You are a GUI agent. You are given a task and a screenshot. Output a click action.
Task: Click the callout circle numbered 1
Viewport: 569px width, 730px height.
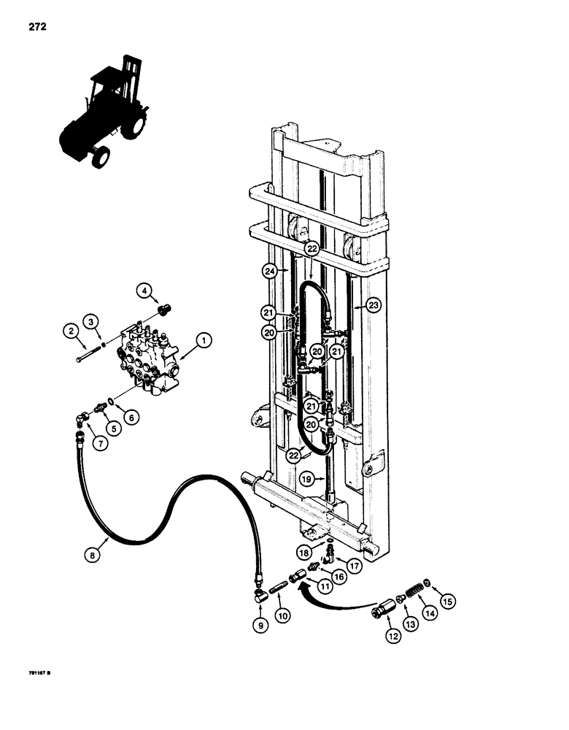[204, 339]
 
